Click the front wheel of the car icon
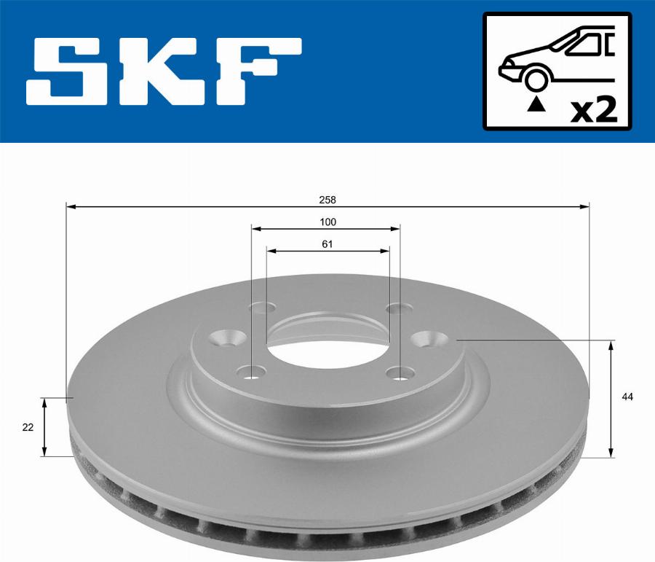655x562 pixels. [x=535, y=79]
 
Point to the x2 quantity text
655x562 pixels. [x=594, y=111]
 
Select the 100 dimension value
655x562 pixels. [x=327, y=222]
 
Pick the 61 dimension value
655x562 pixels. [x=327, y=244]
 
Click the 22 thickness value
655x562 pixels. [x=28, y=428]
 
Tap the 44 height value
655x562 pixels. [x=627, y=397]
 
